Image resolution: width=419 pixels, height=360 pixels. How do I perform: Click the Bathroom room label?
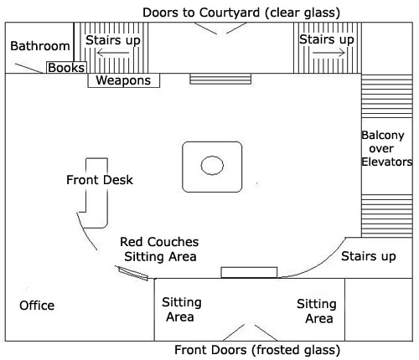pos(40,46)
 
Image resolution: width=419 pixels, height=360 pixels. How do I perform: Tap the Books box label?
pos(66,68)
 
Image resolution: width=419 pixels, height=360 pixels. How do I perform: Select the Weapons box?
pos(124,80)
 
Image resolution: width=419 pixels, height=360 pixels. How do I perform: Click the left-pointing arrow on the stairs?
pos(113,53)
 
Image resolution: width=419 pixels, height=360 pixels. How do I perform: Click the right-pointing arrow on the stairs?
pos(328,53)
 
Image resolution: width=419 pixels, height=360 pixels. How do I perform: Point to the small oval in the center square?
pos(212,165)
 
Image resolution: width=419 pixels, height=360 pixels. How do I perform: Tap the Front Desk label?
pos(100,180)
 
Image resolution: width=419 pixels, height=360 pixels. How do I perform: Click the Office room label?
pos(37,306)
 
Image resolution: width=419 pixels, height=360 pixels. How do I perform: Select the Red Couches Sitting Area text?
pos(159,249)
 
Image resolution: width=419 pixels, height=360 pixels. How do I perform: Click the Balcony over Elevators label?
pos(386,148)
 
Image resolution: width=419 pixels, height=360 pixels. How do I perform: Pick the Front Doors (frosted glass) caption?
pos(257,350)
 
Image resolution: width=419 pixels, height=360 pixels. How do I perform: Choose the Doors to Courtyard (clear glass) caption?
pos(241,13)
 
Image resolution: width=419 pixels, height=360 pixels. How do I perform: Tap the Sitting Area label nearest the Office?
pos(182,310)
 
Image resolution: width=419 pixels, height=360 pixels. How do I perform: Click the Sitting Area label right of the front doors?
pos(317,311)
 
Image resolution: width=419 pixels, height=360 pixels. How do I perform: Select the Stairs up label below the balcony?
pos(369,256)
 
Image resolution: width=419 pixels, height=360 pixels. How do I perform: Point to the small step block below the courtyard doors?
pos(220,79)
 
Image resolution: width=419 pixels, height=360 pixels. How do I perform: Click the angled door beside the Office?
pos(132,273)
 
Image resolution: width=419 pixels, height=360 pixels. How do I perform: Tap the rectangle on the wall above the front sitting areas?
pos(249,272)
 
